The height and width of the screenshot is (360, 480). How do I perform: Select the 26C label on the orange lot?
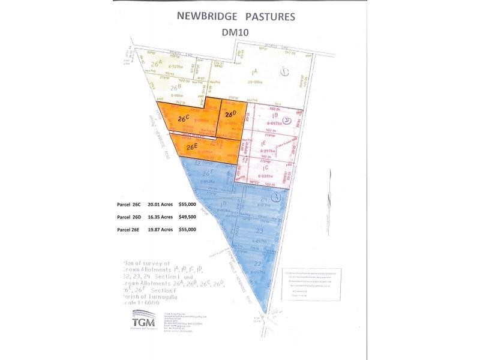click(x=184, y=118)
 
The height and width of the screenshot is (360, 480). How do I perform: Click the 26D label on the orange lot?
click(x=231, y=114)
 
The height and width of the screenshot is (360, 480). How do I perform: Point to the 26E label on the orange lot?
click(x=191, y=146)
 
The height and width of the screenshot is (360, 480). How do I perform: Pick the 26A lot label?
click(x=158, y=62)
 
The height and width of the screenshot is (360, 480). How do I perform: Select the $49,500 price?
click(x=188, y=217)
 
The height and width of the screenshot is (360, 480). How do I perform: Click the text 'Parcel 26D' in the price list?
click(x=128, y=217)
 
